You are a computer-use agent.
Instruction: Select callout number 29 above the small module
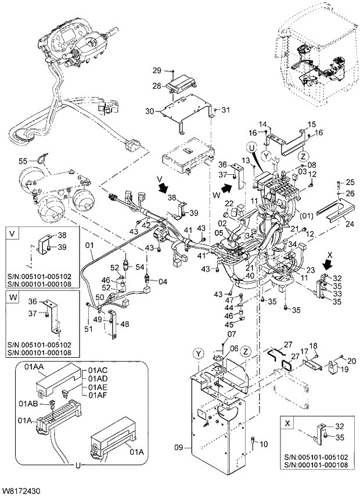tap(156, 71)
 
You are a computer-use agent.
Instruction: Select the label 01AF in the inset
tap(98, 394)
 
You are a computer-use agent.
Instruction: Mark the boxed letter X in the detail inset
tap(286, 423)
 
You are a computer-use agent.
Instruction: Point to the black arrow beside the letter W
tap(229, 188)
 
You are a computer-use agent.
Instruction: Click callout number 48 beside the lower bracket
tap(125, 324)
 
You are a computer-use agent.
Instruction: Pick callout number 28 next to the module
tap(156, 85)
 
